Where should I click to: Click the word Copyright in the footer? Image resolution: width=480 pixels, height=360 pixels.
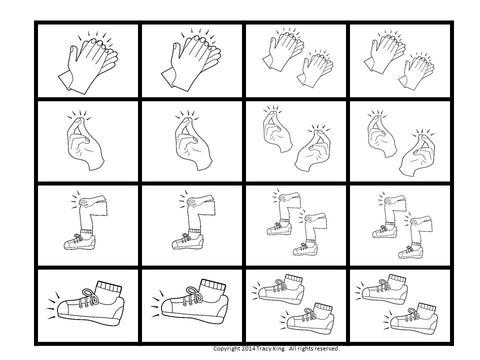[x=226, y=349]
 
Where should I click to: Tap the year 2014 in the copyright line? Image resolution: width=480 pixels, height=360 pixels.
[x=248, y=349]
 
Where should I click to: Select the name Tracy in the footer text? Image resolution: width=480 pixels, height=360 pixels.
[x=263, y=349]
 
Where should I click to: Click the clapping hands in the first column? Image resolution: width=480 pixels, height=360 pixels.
[x=88, y=63]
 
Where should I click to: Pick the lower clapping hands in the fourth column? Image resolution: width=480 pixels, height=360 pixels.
[x=417, y=70]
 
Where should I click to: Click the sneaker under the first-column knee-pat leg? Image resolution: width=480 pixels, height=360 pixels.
[x=80, y=242]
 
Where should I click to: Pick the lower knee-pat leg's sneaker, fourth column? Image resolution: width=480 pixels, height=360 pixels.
[x=411, y=251]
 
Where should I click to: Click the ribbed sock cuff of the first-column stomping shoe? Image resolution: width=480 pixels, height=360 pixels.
[x=109, y=288]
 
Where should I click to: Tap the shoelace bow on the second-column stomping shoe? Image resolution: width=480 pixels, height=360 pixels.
[x=195, y=293]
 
